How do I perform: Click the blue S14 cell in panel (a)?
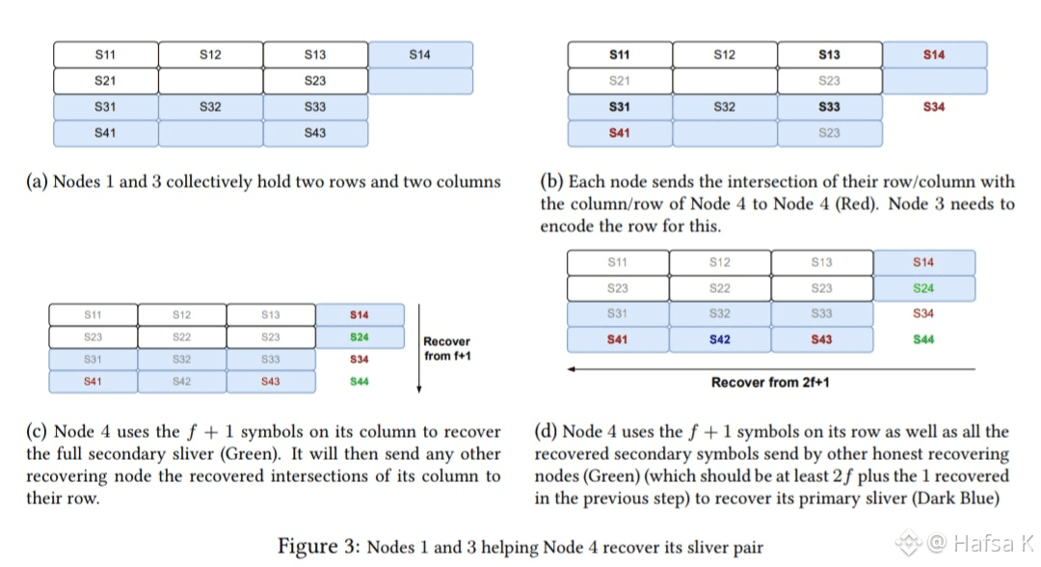click(419, 55)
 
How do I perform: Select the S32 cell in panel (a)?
click(210, 107)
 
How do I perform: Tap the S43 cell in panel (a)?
click(314, 133)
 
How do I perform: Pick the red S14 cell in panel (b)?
click(933, 55)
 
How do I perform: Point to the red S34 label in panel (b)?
click(933, 107)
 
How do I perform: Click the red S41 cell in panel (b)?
click(619, 133)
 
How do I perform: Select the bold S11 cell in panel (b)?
click(619, 55)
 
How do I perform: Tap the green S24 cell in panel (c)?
click(360, 337)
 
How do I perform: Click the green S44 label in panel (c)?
click(360, 382)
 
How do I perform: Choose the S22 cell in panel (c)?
click(181, 337)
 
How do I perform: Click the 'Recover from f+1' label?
click(447, 348)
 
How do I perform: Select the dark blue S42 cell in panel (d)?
click(719, 339)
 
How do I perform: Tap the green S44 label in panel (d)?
click(923, 339)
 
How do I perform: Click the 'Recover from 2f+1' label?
click(770, 383)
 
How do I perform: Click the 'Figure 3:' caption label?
click(319, 547)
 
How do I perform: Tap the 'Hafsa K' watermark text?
click(980, 544)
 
